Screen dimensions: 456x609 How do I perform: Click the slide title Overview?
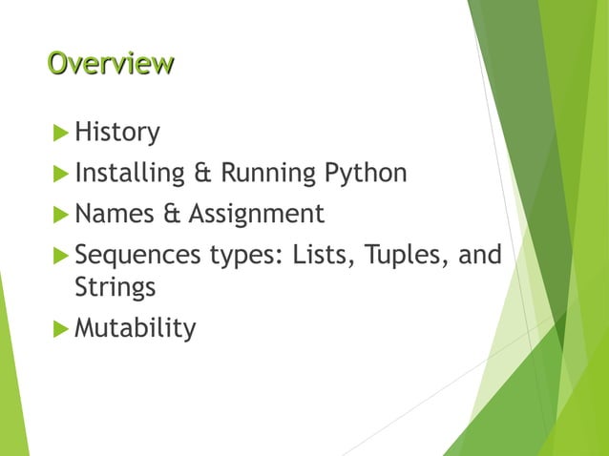(x=111, y=64)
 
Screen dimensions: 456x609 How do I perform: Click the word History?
(x=116, y=132)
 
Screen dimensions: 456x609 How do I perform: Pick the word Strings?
(x=115, y=287)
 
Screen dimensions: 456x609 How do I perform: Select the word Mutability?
(x=135, y=329)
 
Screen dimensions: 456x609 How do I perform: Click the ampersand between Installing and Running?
(x=202, y=175)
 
